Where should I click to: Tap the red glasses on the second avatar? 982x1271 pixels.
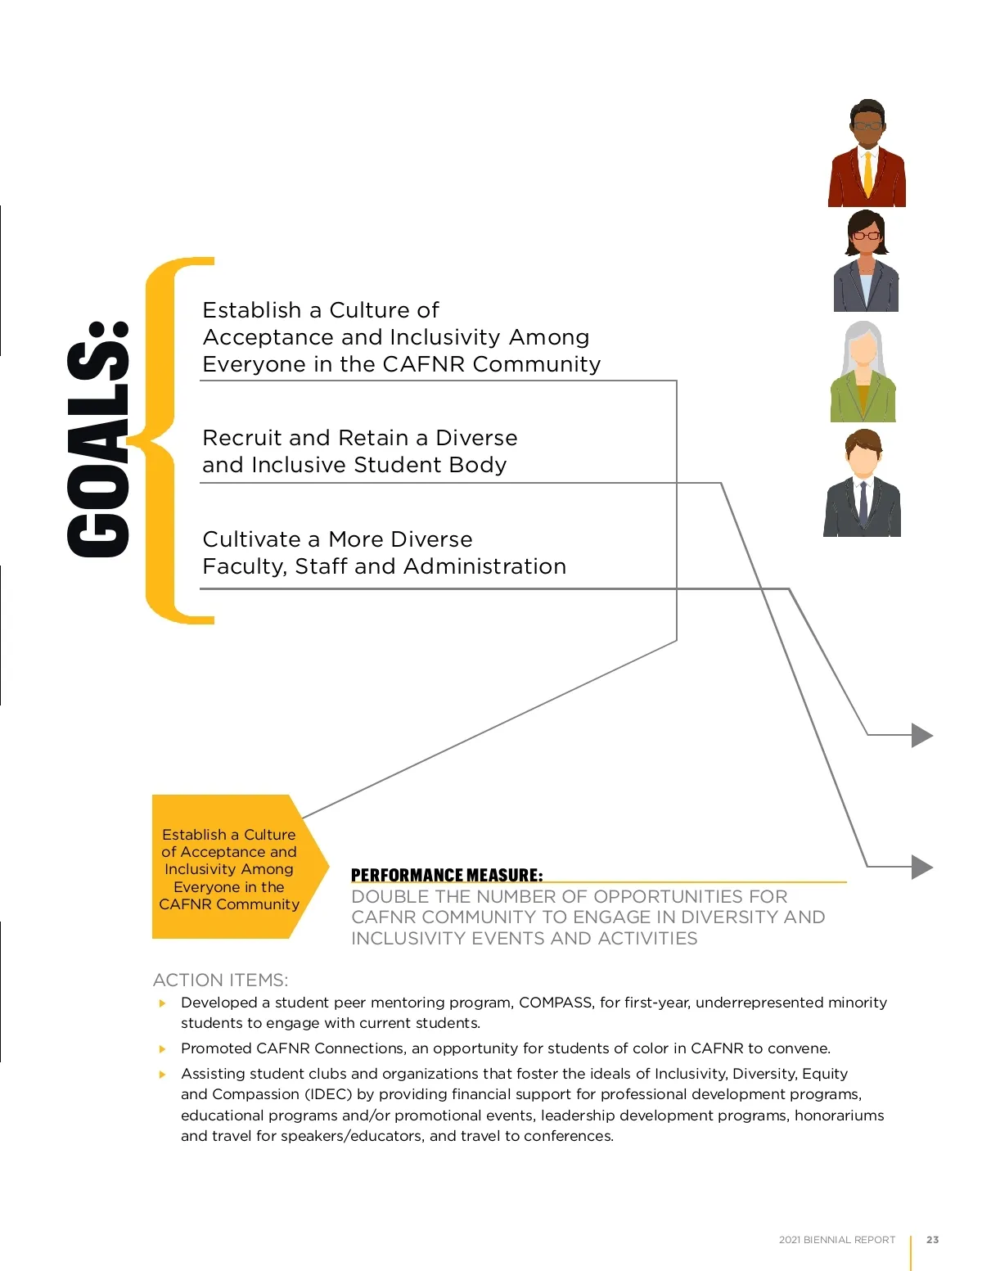pos(866,236)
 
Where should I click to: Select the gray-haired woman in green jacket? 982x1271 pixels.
pos(863,372)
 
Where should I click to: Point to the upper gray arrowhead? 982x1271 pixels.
pos(922,735)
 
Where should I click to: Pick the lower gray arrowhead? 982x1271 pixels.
pos(922,866)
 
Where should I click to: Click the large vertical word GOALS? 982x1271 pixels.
pos(99,439)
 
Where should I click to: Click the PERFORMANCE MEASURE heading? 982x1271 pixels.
pos(446,875)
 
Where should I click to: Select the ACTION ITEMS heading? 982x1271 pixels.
pos(220,980)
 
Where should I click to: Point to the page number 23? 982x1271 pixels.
pos(932,1240)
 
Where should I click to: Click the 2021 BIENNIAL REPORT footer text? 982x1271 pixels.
pos(836,1240)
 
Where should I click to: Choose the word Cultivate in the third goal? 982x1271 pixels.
pos(251,539)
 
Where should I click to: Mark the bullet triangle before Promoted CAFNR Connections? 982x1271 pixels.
pos(163,1048)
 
